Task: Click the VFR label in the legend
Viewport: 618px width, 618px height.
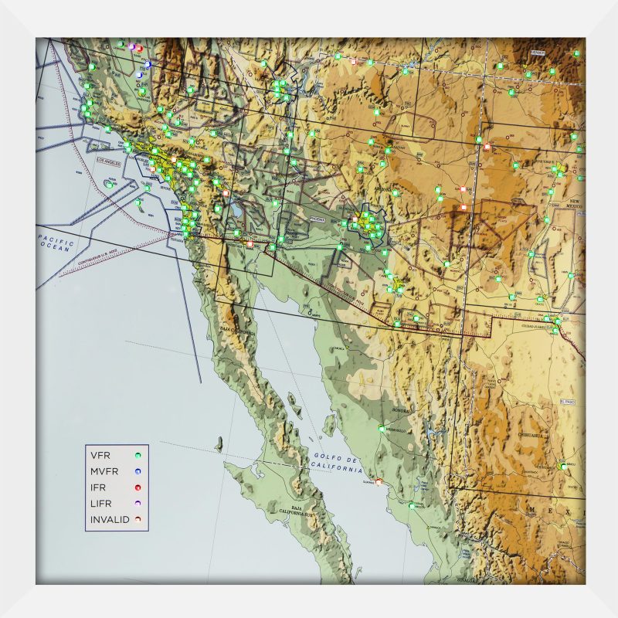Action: pyautogui.click(x=100, y=456)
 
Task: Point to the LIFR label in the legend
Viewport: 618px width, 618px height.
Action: pyautogui.click(x=101, y=504)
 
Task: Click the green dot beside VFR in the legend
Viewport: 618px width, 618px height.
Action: pyautogui.click(x=138, y=456)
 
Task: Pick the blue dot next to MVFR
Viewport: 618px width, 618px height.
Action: pyautogui.click(x=138, y=472)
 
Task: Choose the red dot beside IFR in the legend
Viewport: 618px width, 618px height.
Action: pyautogui.click(x=138, y=488)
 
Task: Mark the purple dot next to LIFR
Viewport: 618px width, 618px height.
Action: pyautogui.click(x=138, y=504)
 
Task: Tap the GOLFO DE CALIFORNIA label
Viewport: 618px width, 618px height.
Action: pyautogui.click(x=338, y=463)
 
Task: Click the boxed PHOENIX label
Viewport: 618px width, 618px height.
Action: pyautogui.click(x=318, y=219)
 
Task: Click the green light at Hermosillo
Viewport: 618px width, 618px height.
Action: pyautogui.click(x=382, y=428)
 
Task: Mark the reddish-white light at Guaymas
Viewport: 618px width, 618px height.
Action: pyautogui.click(x=379, y=482)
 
